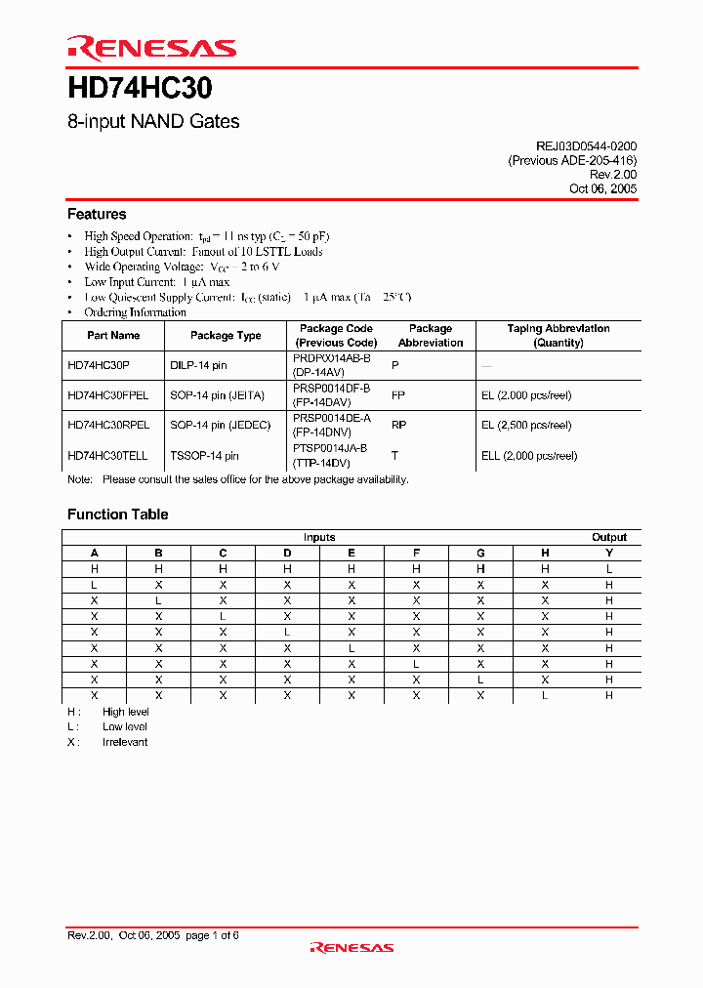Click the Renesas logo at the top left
pos(151,47)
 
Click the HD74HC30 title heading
pos(140,89)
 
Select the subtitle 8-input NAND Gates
pos(153,122)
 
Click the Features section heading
pos(97,214)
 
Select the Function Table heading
pos(117,515)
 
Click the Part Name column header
pos(113,336)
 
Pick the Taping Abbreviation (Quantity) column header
pos(558,336)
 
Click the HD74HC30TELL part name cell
pos(107,456)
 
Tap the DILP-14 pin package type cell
pos(198,365)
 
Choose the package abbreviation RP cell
pos(398,426)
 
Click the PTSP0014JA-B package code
pos(330,448)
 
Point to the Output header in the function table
pos(609,538)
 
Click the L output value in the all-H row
pos(609,568)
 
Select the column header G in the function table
pos(480,553)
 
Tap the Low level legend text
pos(125,727)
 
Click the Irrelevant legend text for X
pos(125,742)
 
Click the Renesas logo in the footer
pos(351,947)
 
